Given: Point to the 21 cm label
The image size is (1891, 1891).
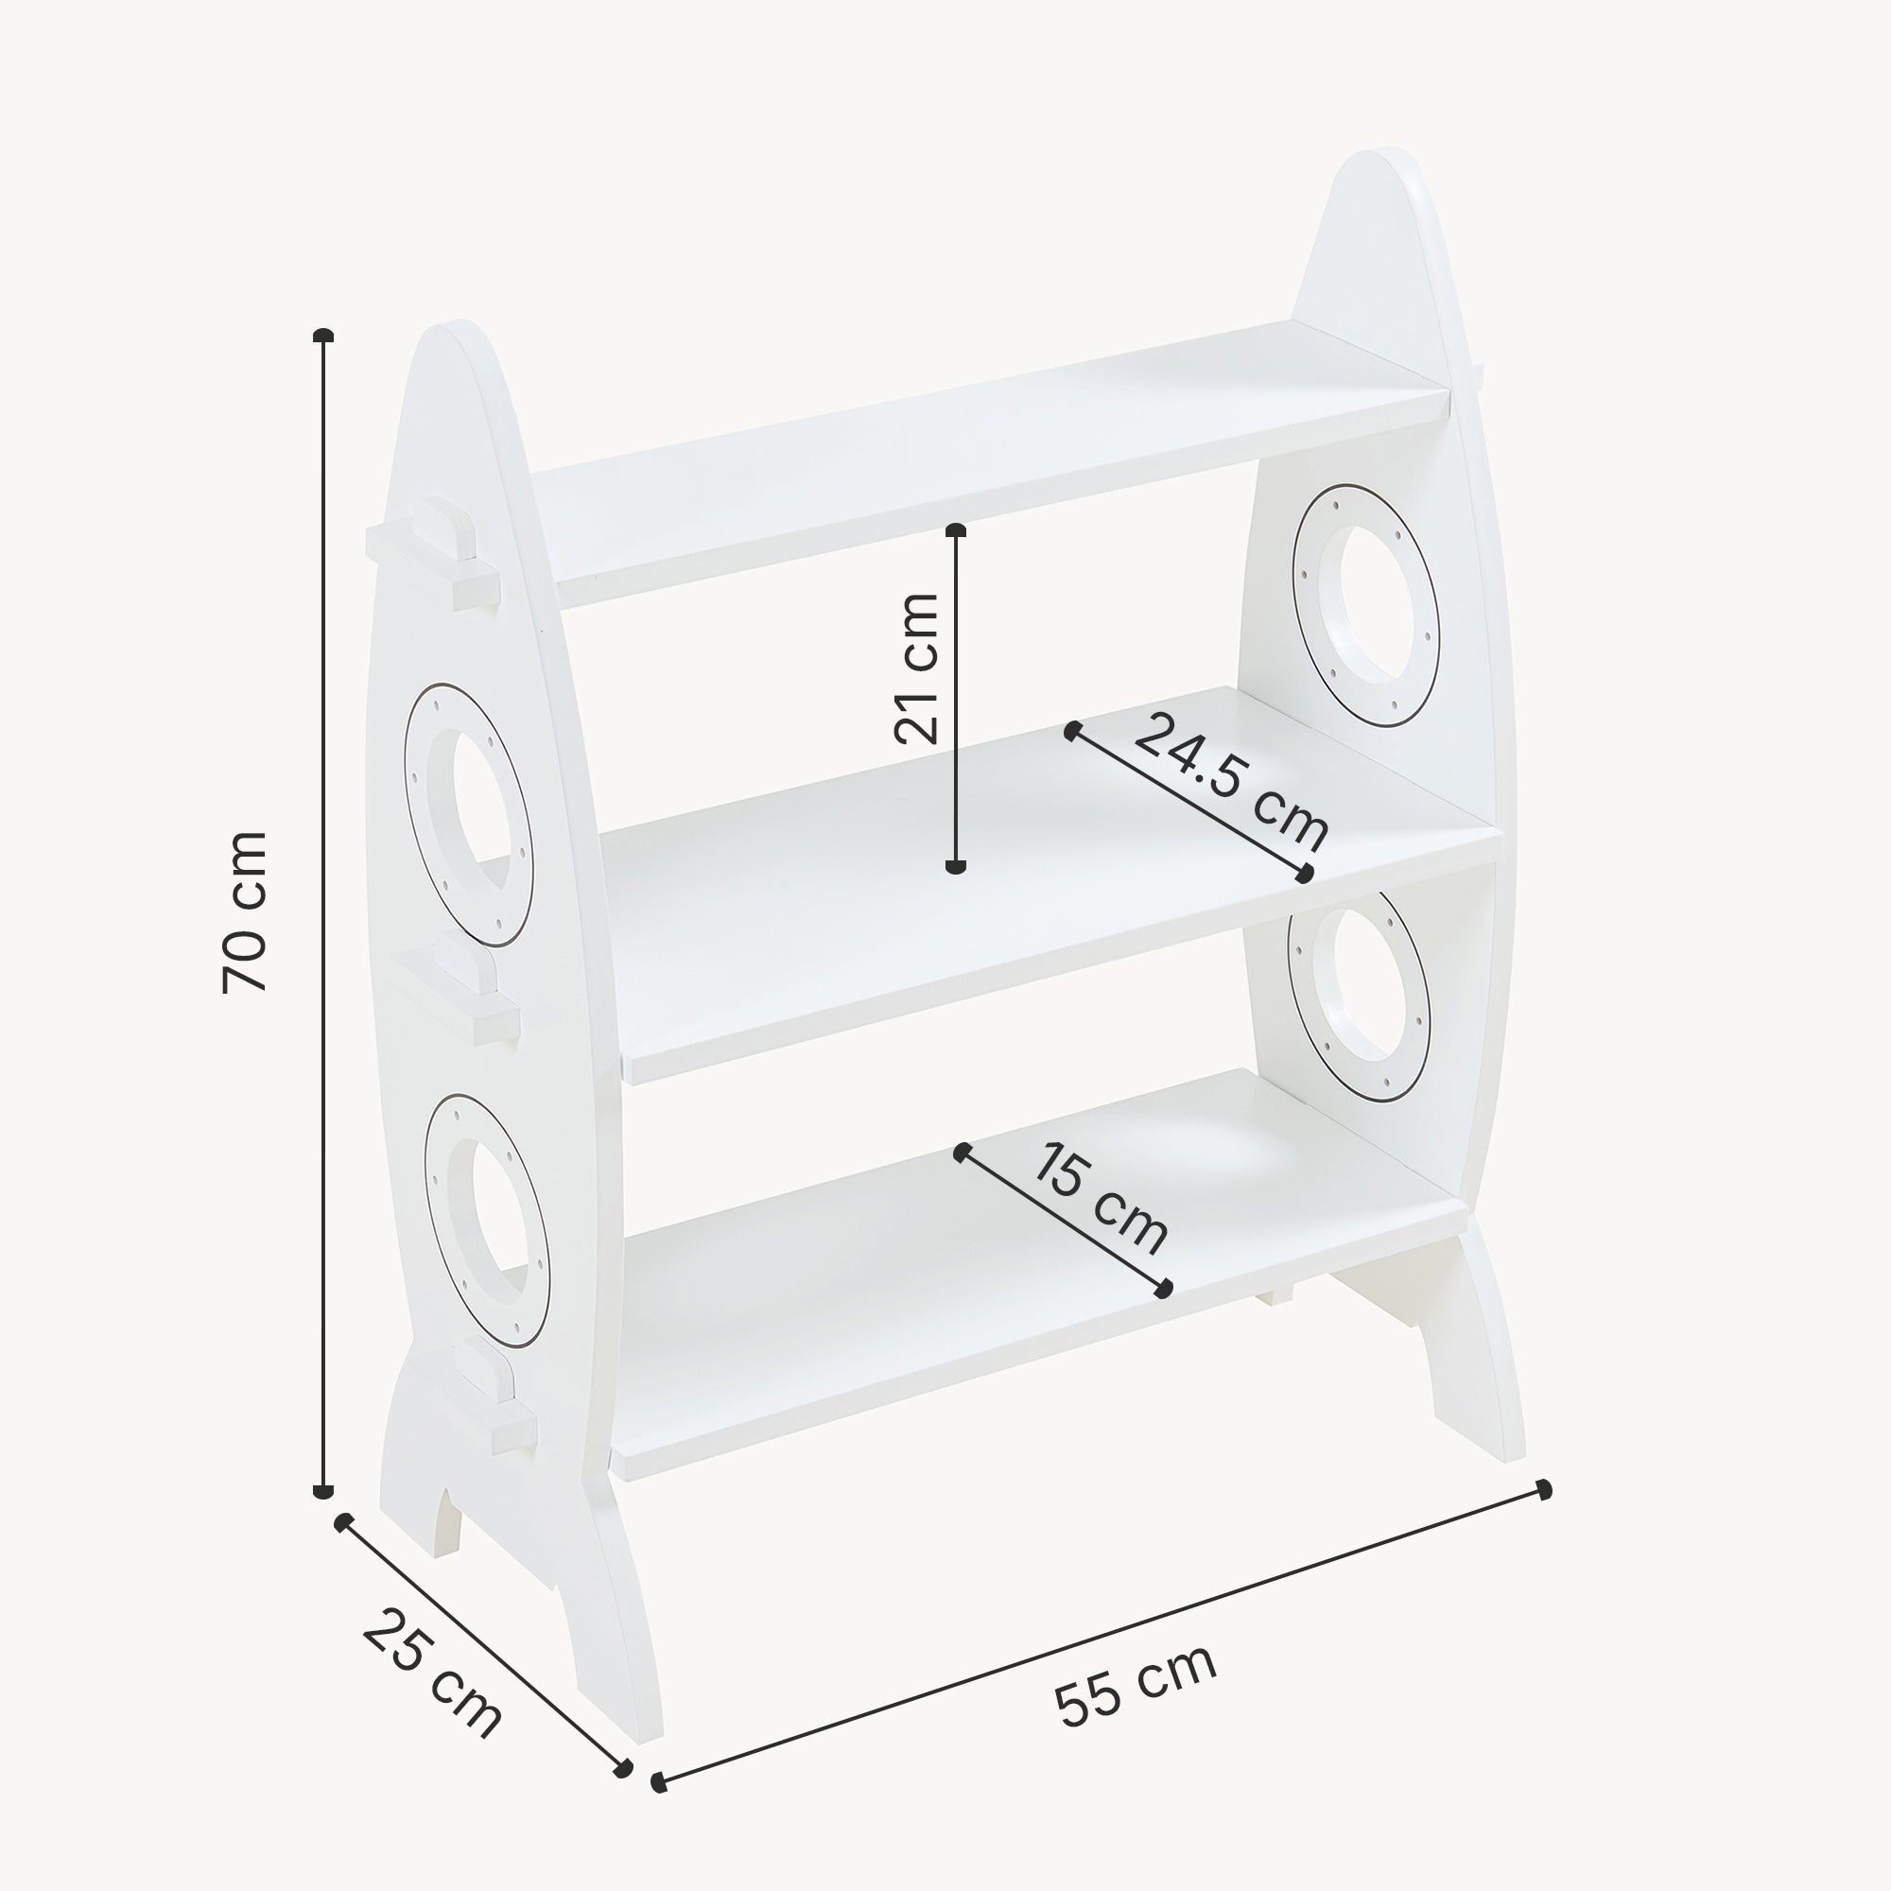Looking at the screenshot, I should coord(917,668).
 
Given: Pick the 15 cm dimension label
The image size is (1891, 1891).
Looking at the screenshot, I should coord(1101,1199).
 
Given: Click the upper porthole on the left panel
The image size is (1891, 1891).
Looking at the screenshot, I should coord(468,814).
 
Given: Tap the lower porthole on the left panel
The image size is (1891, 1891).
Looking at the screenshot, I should coord(486,1220).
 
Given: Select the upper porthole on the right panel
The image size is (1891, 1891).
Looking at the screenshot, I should coord(1365,604).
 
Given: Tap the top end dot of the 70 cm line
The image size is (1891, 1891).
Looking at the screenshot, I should coord(323,336).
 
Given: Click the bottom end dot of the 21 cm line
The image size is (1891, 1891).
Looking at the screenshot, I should coord(956,865).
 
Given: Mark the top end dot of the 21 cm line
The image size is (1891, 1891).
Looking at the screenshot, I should coord(956,530).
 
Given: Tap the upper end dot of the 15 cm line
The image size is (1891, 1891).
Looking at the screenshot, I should coord(963,1151).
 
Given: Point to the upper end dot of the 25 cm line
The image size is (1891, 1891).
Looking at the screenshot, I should coord(342,1550).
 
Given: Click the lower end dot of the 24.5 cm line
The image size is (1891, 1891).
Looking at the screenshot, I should coord(1304,874).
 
